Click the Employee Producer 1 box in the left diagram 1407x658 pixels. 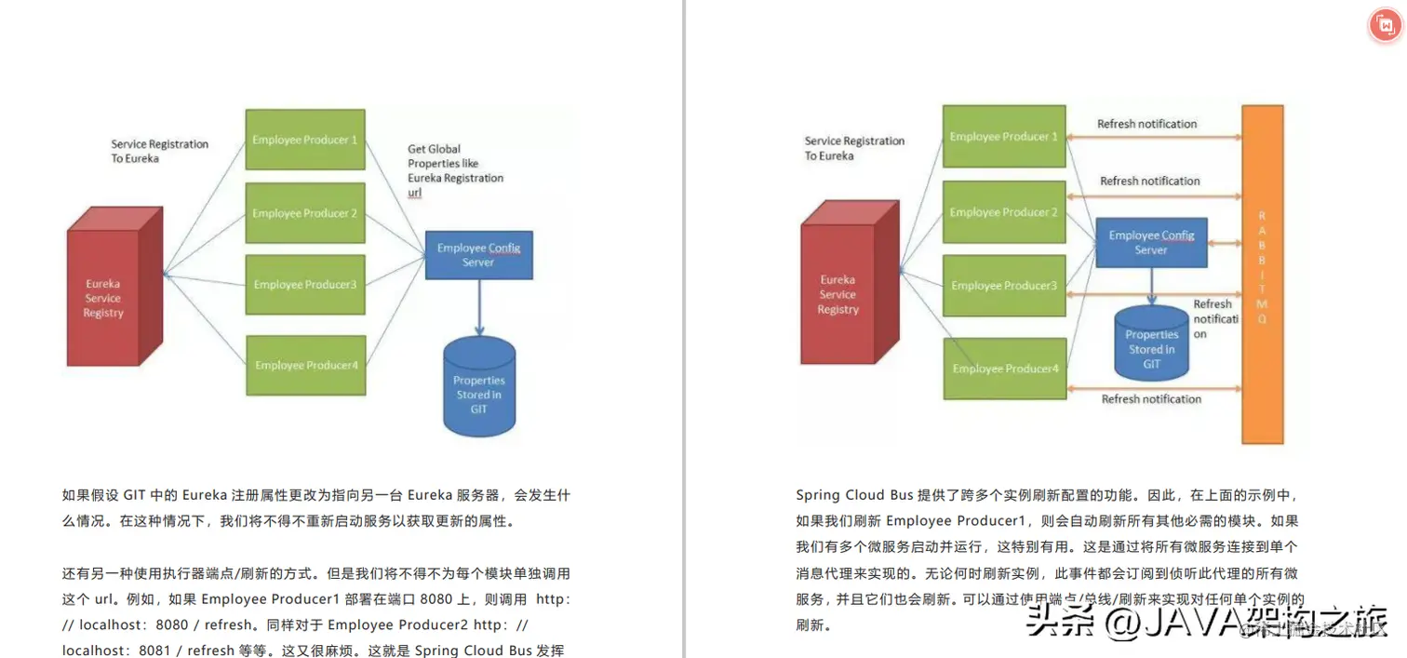304,140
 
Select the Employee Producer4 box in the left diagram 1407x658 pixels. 305,365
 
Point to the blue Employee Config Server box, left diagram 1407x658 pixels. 478,254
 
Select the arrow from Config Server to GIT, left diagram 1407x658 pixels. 479,307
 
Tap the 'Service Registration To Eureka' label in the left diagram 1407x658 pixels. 159,151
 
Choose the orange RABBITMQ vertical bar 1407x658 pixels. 1262,275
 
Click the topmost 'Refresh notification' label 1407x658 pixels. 1146,124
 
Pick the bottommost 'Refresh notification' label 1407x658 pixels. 1151,399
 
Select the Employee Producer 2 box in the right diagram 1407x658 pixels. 1003,212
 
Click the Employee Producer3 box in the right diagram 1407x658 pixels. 1003,286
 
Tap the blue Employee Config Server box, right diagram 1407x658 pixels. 1151,242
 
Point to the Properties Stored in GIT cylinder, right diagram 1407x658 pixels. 1151,346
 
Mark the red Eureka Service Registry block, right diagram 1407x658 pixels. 837,294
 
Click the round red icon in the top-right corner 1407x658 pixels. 1385,26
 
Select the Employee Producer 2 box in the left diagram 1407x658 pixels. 304,213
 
